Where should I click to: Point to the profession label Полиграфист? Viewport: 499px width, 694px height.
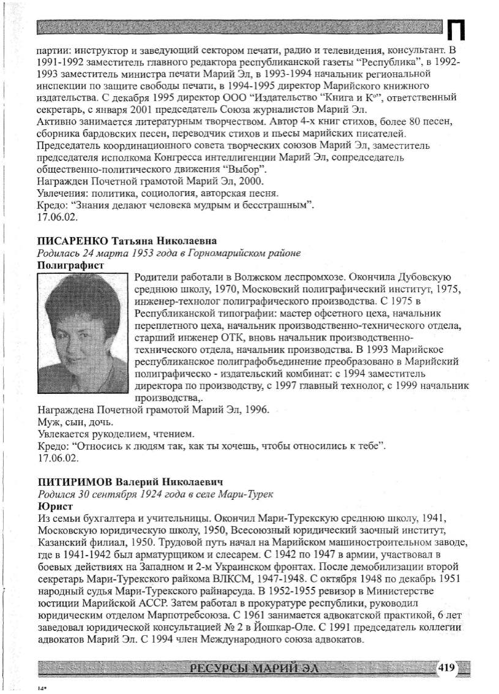(x=70, y=265)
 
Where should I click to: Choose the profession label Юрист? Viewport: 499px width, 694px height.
(x=55, y=506)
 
